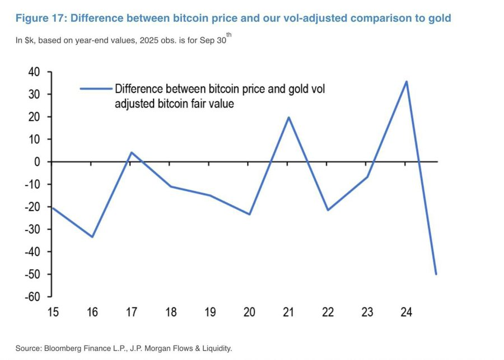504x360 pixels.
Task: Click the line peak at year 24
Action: (406, 82)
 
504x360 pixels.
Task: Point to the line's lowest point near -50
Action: (436, 274)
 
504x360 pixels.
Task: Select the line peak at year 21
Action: (288, 117)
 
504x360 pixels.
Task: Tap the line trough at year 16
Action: (92, 237)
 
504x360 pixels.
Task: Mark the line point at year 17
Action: (132, 152)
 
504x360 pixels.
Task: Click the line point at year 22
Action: (328, 210)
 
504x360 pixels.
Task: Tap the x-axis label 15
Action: (53, 312)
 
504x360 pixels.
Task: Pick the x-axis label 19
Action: (210, 312)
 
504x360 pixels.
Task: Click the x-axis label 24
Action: (406, 312)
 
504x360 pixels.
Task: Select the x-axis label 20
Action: (249, 312)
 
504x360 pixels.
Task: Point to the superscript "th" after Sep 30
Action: (230, 36)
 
